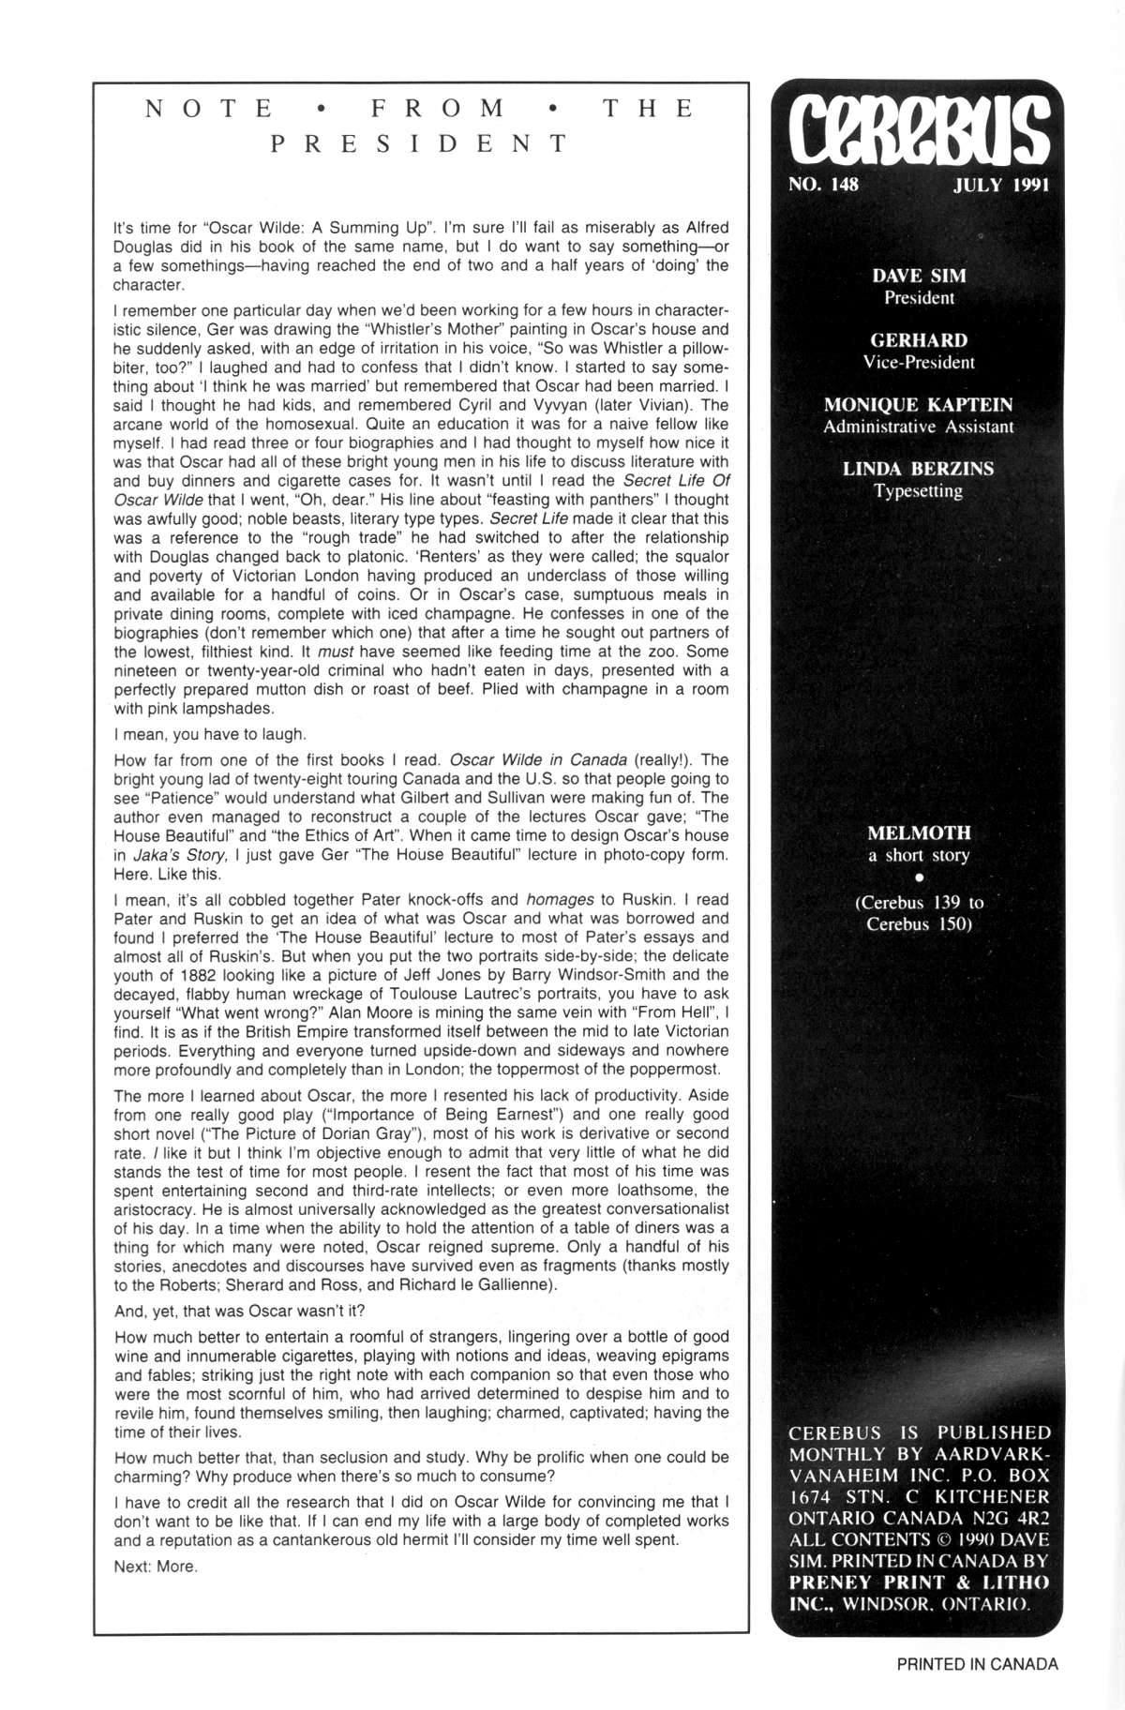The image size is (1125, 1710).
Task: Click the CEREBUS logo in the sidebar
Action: point(918,131)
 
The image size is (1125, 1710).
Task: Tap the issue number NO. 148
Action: point(823,185)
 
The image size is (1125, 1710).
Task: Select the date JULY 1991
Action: point(1000,185)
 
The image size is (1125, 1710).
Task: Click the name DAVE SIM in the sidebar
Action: point(919,276)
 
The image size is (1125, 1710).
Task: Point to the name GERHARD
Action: point(919,340)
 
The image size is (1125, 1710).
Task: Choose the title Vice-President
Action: point(919,363)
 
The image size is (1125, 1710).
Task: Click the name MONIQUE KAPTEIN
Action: point(919,405)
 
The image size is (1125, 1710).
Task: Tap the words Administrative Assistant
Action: point(919,427)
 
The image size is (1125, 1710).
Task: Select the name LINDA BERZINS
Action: point(919,469)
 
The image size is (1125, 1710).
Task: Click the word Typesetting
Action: point(919,491)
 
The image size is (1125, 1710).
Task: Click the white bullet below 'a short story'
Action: point(919,878)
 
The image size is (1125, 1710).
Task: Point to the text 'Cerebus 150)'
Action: point(919,924)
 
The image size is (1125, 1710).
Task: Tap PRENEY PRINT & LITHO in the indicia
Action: point(919,1582)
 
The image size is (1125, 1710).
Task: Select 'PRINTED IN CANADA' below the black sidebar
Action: point(977,1664)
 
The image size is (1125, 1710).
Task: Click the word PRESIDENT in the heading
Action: point(420,143)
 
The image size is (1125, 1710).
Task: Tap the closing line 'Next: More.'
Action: point(156,1567)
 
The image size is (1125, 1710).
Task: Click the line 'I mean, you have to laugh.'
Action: point(210,734)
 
